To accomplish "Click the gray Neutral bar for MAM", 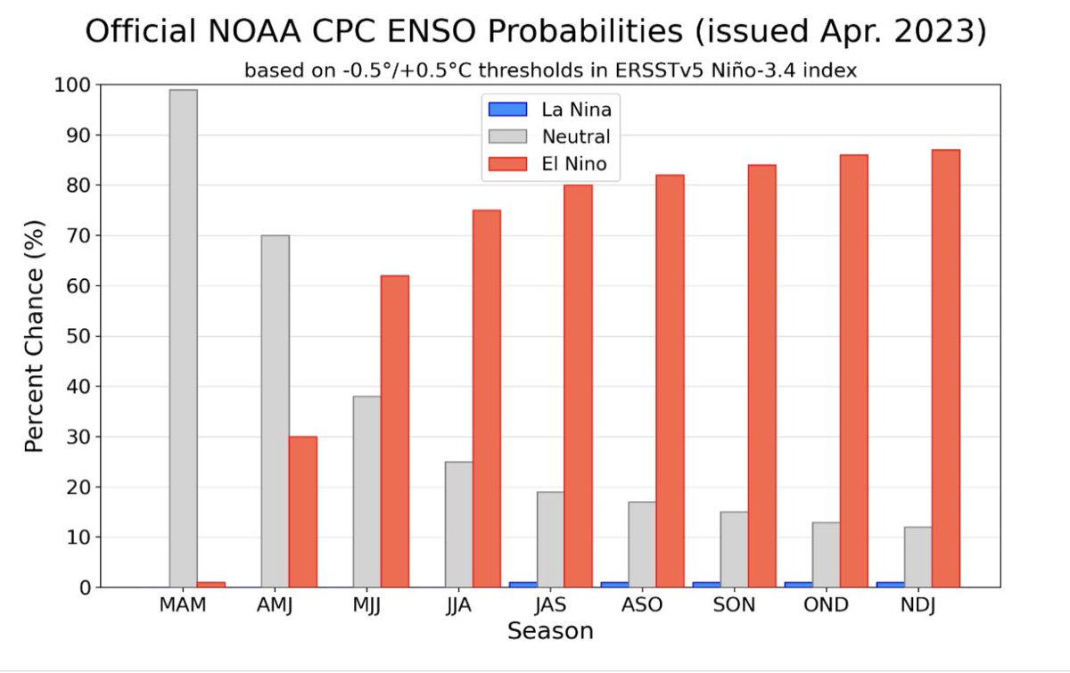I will coord(183,339).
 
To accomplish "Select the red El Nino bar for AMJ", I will coord(302,512).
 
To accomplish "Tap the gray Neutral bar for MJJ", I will coord(366,491).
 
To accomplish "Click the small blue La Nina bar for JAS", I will coord(523,585).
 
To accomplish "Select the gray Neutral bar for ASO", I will coord(642,545).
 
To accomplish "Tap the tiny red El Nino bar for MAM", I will coord(210,585).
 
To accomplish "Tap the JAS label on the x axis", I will coord(550,605).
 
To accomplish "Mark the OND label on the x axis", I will coord(826,605).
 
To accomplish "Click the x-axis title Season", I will coord(550,631).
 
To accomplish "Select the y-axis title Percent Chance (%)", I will coord(34,336).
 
